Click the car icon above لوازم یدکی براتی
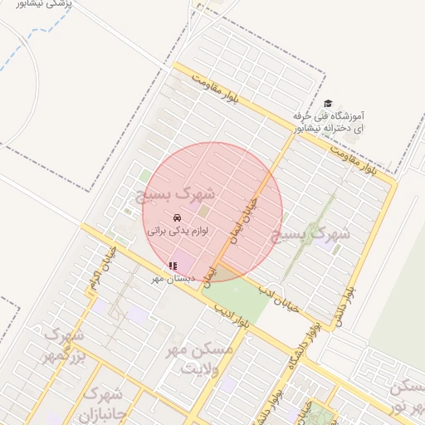click(x=176, y=217)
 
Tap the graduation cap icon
click(x=328, y=104)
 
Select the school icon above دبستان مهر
click(x=172, y=266)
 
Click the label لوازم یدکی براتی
click(x=176, y=230)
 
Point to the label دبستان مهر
click(x=173, y=279)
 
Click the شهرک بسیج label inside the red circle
click(x=176, y=196)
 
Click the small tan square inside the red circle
click(x=203, y=212)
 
